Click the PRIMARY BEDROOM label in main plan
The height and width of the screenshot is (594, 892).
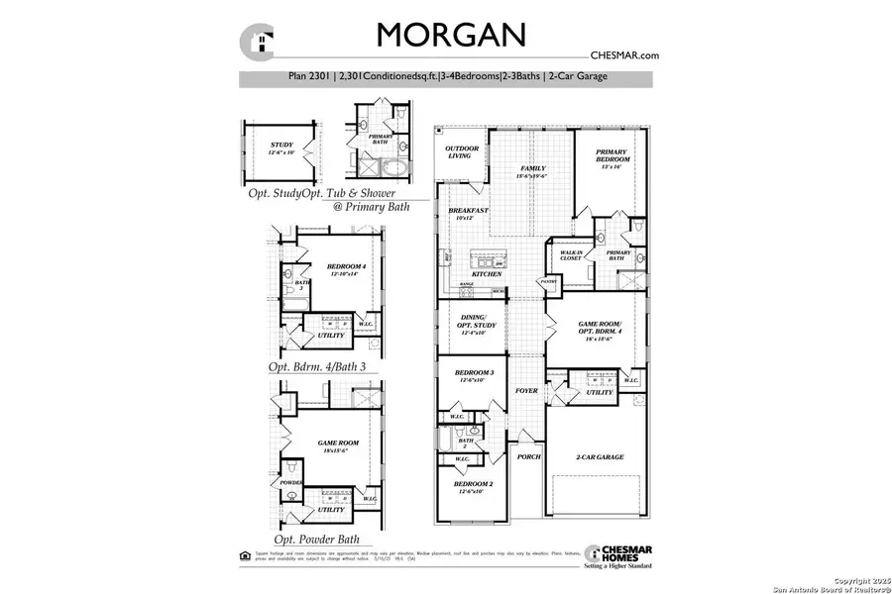611,155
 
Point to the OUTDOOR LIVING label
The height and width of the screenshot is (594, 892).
462,151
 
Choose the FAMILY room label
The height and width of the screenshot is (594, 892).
533,169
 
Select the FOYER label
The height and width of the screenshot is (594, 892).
526,391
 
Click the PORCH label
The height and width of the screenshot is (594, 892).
528,456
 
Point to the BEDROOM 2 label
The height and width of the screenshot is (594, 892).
473,484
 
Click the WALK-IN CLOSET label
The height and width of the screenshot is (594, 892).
567,255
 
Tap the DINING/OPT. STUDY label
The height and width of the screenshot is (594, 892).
473,322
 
